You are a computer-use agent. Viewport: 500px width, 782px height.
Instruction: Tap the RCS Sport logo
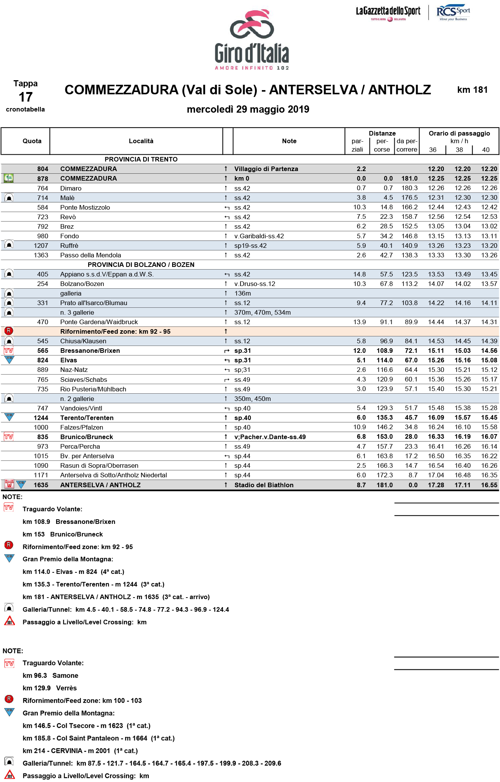click(x=453, y=13)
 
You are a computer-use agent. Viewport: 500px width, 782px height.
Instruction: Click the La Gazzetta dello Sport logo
click(x=388, y=13)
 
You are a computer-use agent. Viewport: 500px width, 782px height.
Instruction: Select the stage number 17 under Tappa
click(x=26, y=97)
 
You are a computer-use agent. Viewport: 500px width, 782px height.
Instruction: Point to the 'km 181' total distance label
click(x=472, y=90)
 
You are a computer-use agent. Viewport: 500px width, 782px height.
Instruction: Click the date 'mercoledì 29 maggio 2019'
click(x=248, y=110)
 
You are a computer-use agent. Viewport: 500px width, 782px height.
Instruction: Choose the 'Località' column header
click(x=141, y=141)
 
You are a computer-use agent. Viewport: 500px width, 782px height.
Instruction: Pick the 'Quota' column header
click(x=32, y=141)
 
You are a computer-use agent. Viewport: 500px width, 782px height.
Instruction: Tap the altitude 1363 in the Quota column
click(x=41, y=255)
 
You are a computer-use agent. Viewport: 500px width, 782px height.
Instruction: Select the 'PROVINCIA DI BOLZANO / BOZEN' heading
click(x=141, y=265)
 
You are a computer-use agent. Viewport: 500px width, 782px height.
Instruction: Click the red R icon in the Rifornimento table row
click(x=9, y=331)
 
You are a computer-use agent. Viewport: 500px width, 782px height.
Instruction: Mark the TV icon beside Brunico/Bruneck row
click(x=9, y=436)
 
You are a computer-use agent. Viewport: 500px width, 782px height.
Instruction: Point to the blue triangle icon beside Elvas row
click(x=9, y=360)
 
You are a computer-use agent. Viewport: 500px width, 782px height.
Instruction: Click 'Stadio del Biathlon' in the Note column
click(x=264, y=485)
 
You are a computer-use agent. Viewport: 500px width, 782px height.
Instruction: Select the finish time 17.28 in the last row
click(x=436, y=485)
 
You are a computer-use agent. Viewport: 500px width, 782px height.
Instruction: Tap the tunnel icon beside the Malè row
click(x=9, y=197)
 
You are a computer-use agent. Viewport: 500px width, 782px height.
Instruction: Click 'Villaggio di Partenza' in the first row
click(x=266, y=169)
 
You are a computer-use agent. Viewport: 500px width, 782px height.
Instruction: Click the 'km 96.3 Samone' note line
click(x=50, y=675)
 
